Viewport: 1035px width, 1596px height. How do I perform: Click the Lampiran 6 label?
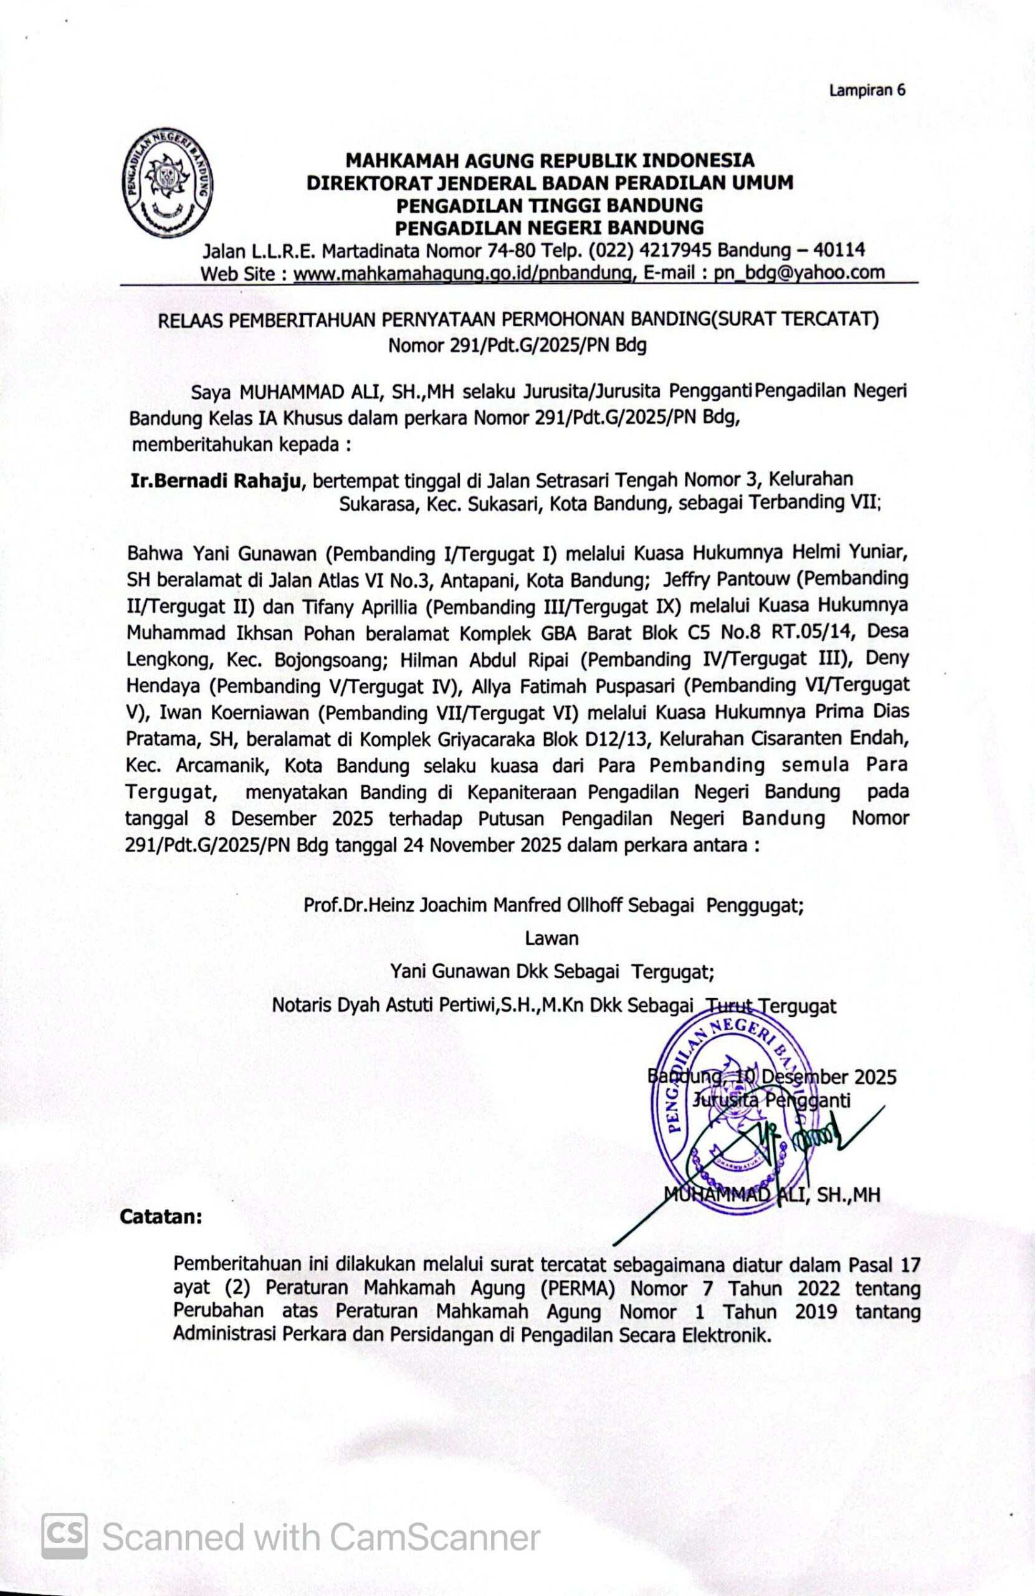point(867,90)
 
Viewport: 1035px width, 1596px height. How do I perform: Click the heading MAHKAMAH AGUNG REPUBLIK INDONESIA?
point(550,160)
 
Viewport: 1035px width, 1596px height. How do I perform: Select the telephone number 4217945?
point(675,250)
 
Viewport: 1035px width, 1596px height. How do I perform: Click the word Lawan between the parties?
point(551,938)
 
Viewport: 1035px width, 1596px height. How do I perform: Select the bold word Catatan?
point(161,1216)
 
